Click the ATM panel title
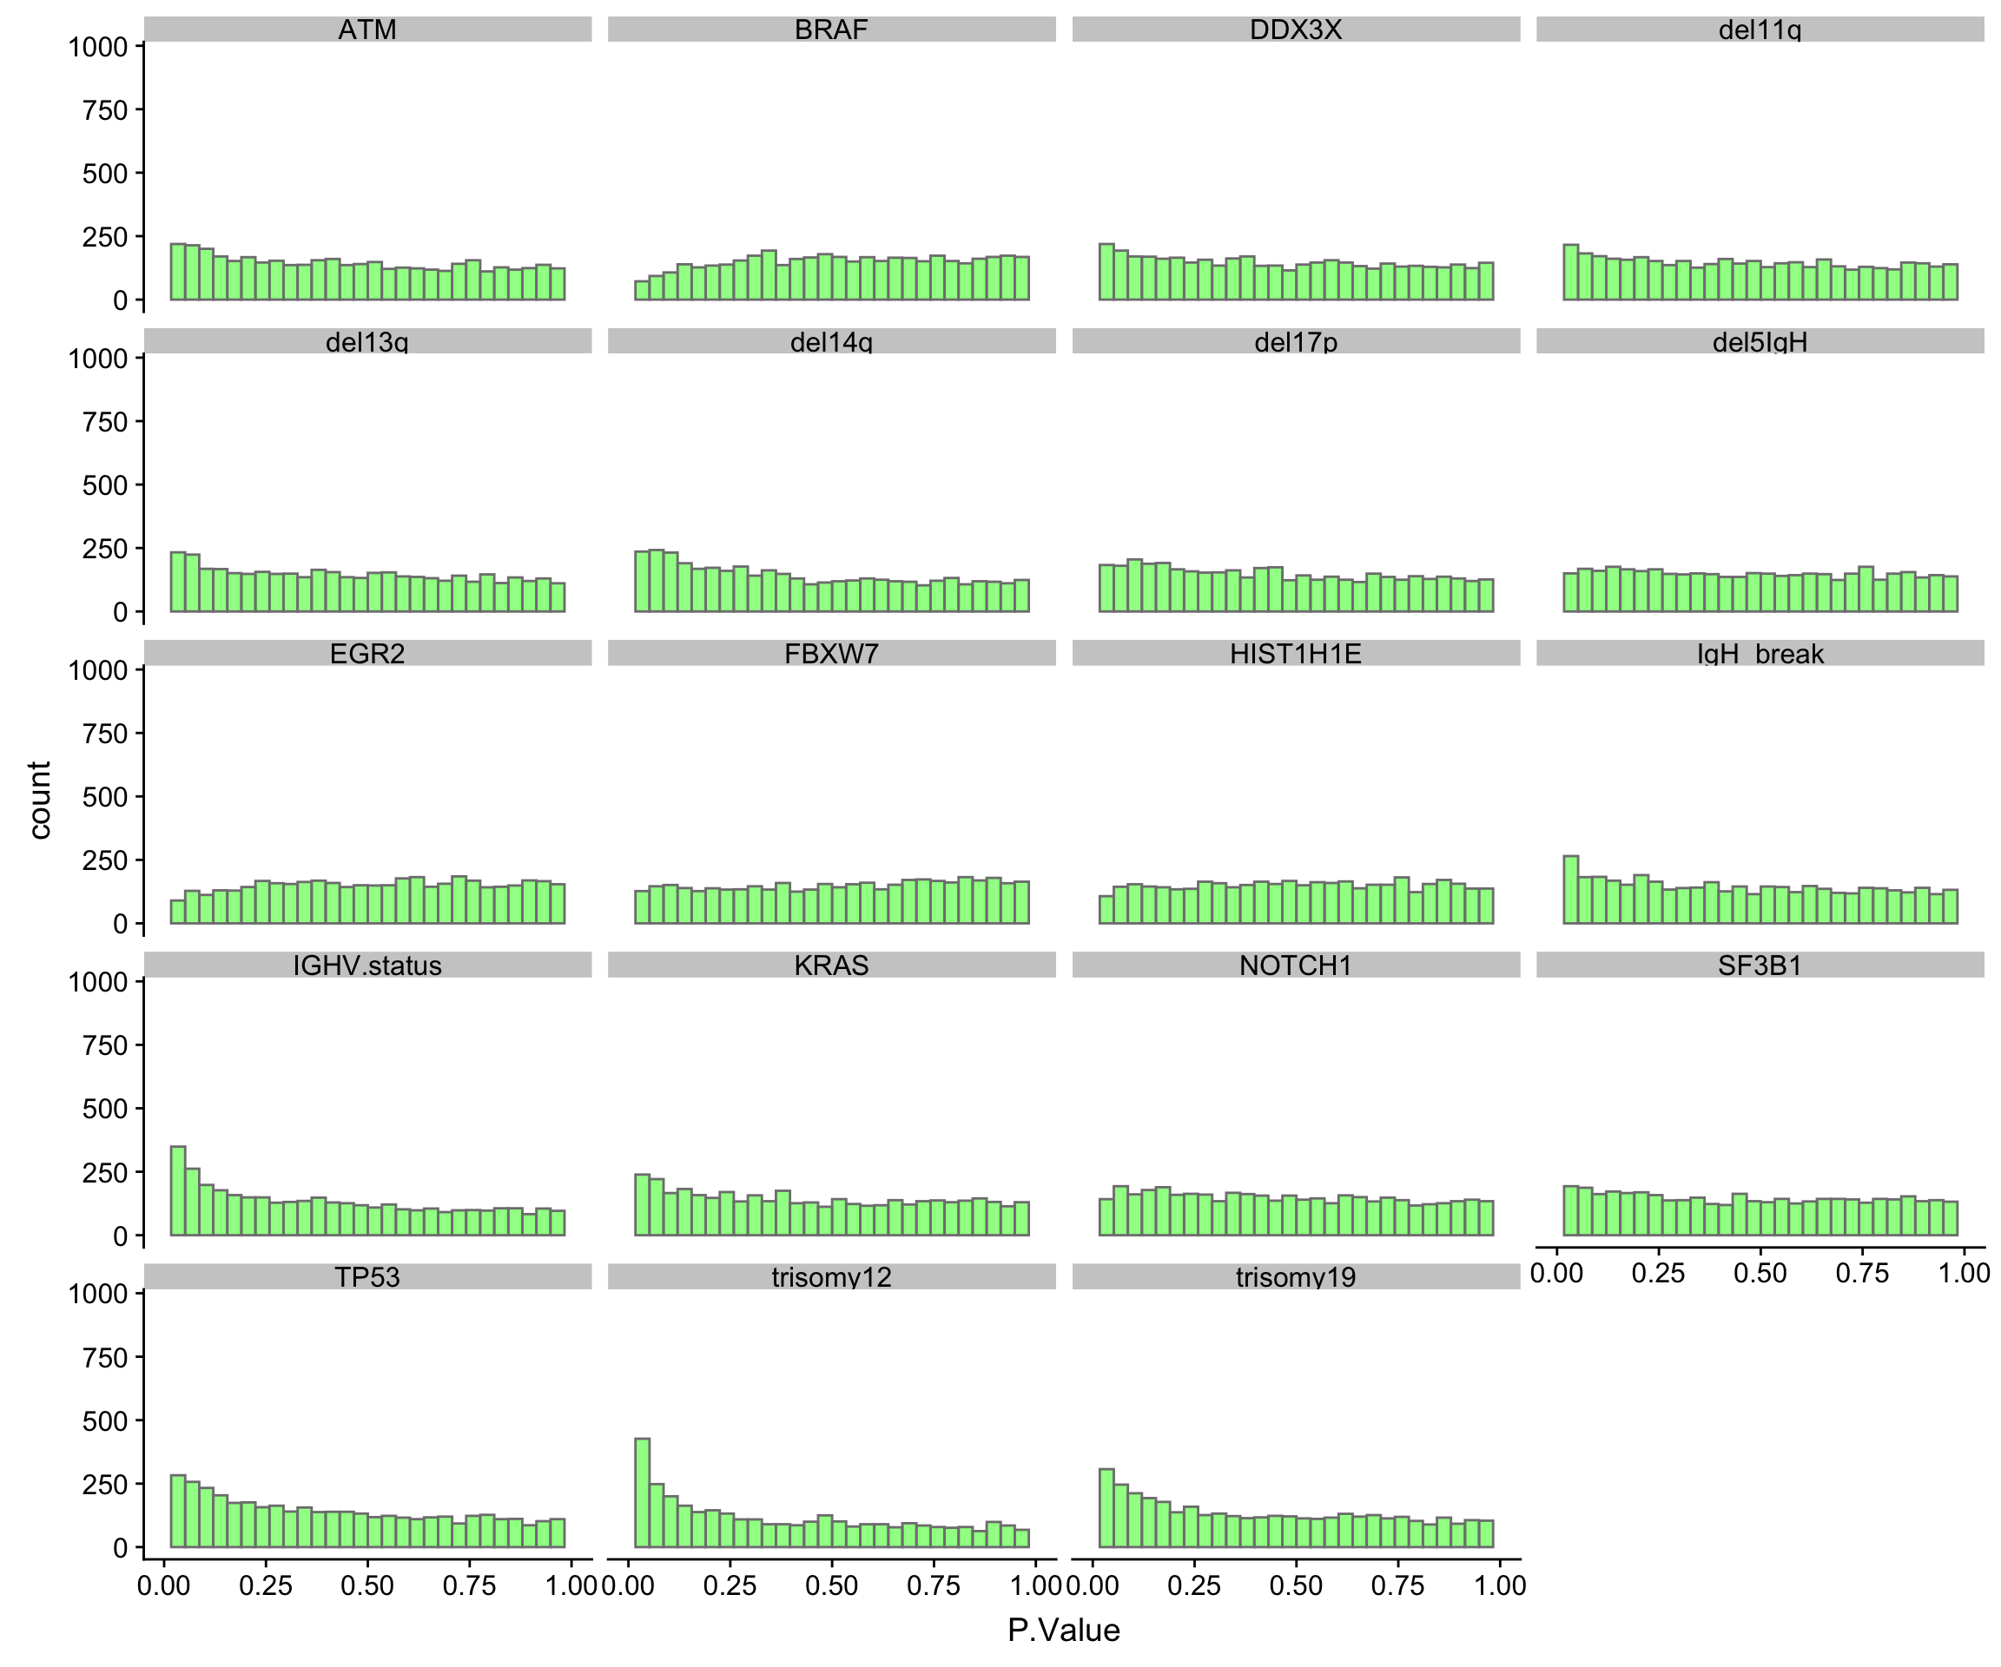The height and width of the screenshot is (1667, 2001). click(367, 30)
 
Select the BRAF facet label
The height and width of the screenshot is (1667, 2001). click(831, 30)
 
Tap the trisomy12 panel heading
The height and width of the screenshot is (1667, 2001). click(831, 1276)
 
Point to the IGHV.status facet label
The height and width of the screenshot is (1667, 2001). click(367, 965)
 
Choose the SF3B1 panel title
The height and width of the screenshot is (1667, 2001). click(1759, 965)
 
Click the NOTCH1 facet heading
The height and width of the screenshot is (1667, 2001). click(1295, 965)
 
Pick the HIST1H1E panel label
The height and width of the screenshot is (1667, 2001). click(1295, 654)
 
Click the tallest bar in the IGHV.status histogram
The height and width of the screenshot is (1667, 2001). click(178, 1190)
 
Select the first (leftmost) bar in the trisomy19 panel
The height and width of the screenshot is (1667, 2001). click(1106, 1507)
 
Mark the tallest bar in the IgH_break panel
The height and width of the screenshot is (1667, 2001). click(1570, 890)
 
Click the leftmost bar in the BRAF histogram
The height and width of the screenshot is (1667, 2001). click(642, 291)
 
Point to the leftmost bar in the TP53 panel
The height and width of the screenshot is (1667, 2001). click(178, 1511)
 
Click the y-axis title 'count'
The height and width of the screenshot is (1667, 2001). click(39, 801)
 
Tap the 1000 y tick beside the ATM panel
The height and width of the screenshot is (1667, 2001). click(97, 47)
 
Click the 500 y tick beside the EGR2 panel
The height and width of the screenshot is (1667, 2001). click(105, 797)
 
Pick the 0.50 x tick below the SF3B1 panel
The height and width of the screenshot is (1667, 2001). click(1760, 1274)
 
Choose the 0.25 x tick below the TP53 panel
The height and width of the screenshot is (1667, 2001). click(265, 1586)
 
